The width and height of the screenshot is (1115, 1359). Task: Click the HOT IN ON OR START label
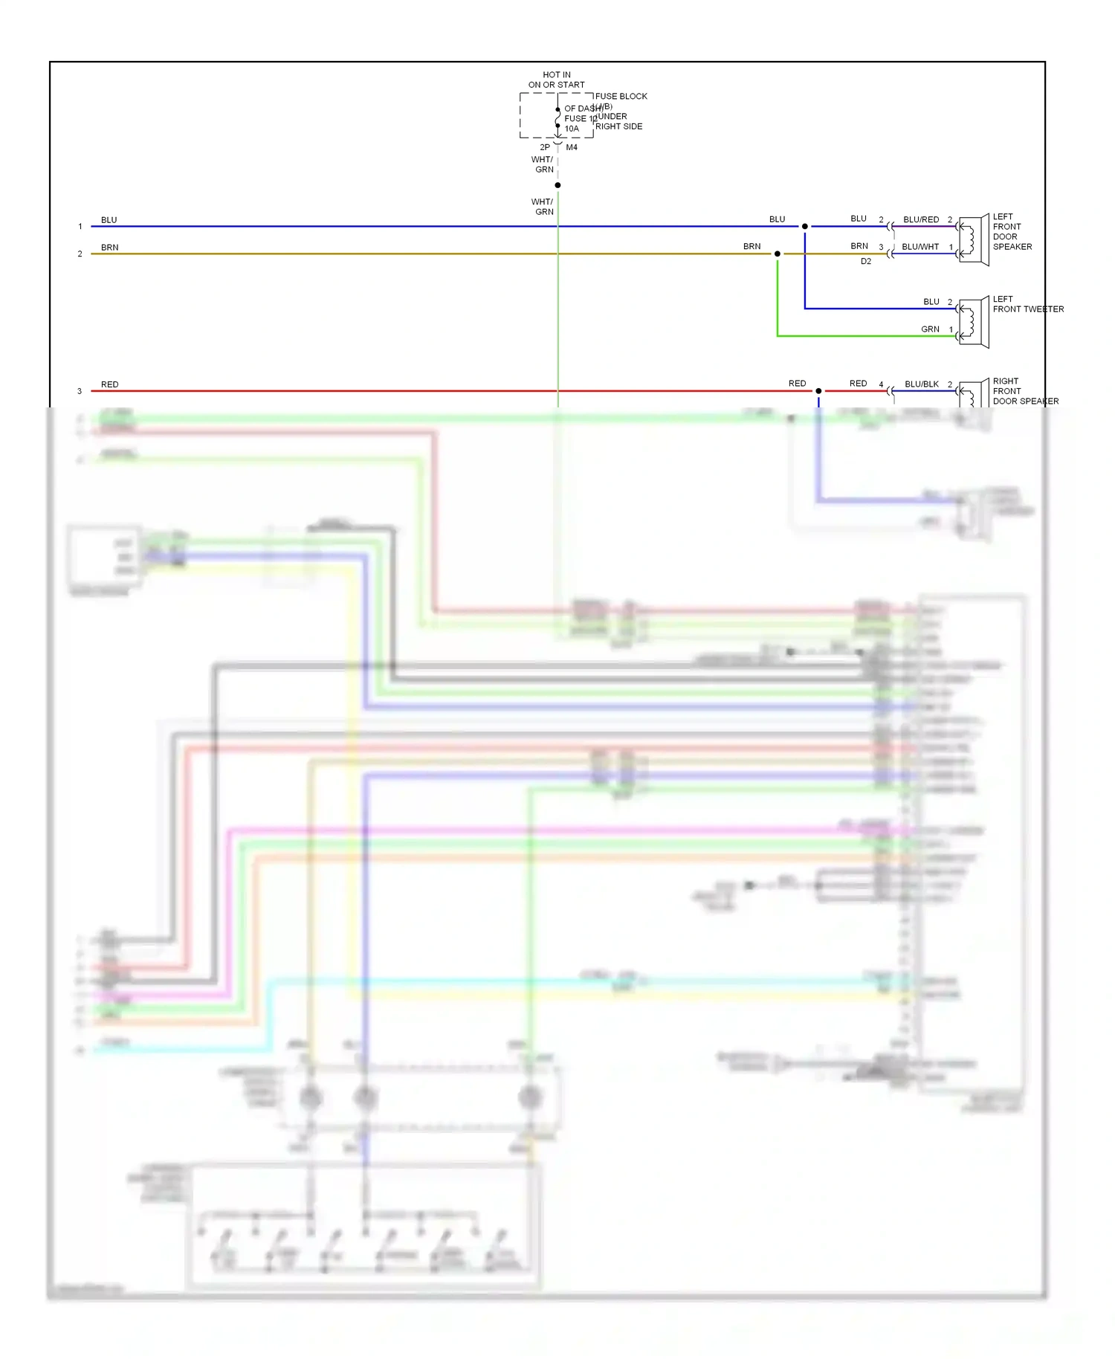(556, 80)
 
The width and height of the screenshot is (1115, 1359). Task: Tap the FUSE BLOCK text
(621, 96)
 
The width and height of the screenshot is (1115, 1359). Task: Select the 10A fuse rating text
(571, 129)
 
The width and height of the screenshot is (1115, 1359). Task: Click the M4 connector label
(572, 147)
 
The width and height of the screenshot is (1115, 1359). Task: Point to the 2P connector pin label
(545, 147)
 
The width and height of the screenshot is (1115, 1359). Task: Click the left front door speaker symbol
(972, 239)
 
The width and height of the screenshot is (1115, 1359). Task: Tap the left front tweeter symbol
(972, 322)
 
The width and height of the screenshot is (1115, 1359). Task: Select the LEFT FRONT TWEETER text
(1027, 304)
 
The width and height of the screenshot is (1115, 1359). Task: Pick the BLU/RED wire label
(921, 219)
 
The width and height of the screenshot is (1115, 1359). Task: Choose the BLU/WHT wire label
(920, 247)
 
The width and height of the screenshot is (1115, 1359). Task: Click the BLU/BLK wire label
(922, 384)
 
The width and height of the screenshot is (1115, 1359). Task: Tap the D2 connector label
(866, 262)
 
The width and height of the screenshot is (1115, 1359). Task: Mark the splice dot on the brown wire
(778, 254)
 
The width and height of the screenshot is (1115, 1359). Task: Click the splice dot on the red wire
(818, 391)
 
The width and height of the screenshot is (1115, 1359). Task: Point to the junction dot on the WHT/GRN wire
(557, 185)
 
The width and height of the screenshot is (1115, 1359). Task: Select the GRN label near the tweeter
(930, 329)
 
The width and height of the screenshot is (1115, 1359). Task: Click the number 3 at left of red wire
(80, 391)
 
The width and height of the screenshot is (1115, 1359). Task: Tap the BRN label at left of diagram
(110, 248)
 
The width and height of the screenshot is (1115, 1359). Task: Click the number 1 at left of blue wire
(80, 227)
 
